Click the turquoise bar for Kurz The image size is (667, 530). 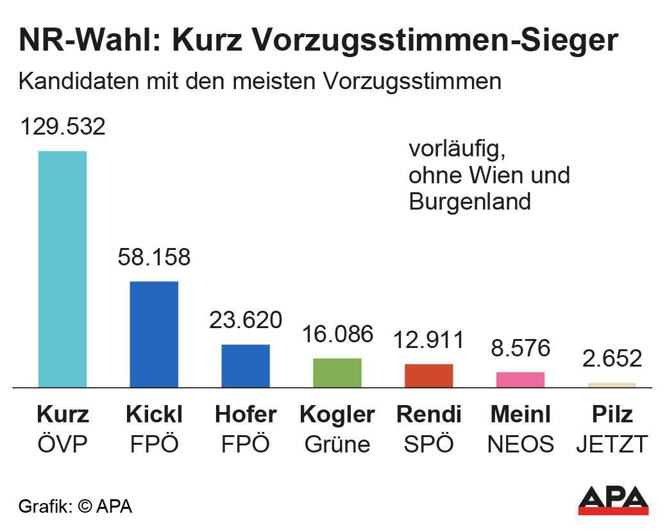(62, 269)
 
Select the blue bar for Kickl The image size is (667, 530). (154, 334)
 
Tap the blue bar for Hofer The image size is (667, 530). (246, 365)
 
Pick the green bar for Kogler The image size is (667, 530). (337, 372)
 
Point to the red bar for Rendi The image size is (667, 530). (429, 376)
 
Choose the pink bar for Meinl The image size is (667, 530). (520, 379)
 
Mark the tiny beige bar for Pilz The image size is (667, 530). (612, 385)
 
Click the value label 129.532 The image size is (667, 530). (62, 126)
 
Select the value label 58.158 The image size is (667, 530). (154, 257)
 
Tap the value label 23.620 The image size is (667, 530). (246, 319)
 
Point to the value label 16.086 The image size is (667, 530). (337, 333)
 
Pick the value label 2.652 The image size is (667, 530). (612, 358)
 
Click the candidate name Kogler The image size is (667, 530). (337, 415)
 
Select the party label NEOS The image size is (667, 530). (520, 444)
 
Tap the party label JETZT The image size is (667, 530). (612, 444)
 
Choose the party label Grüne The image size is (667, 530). (337, 444)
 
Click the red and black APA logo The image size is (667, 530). (613, 500)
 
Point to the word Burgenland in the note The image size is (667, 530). (470, 202)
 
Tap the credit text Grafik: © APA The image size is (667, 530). (75, 506)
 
